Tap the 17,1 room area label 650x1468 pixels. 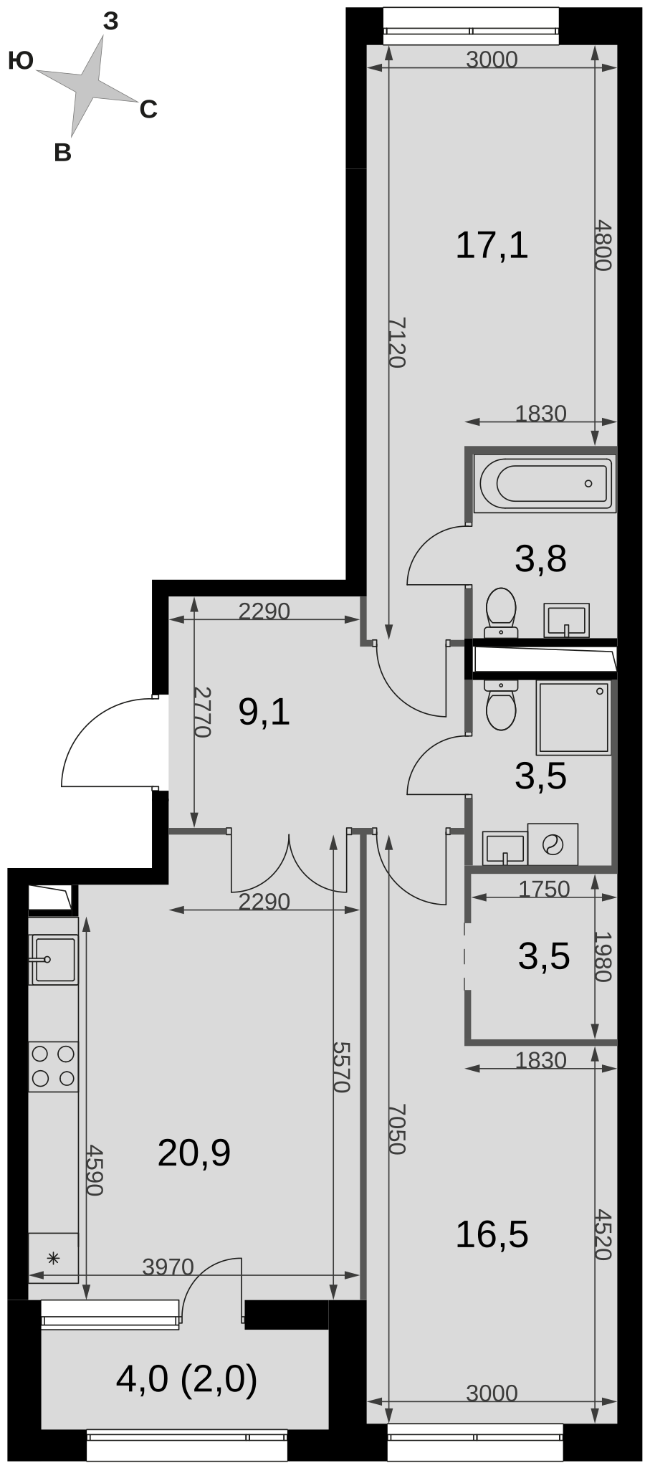(x=492, y=245)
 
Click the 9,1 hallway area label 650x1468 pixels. (x=264, y=712)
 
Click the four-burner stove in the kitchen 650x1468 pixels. (x=53, y=1067)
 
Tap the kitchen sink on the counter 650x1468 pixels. (x=53, y=959)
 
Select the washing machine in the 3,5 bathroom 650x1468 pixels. (x=553, y=844)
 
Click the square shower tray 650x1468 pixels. (x=574, y=718)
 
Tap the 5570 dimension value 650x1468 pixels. (x=341, y=1067)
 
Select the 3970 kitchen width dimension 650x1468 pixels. (x=168, y=1267)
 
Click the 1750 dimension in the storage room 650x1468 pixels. (x=544, y=889)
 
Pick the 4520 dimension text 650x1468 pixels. (x=604, y=1234)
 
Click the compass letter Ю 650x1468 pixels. (x=21, y=62)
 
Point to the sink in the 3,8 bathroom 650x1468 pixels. (x=567, y=620)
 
